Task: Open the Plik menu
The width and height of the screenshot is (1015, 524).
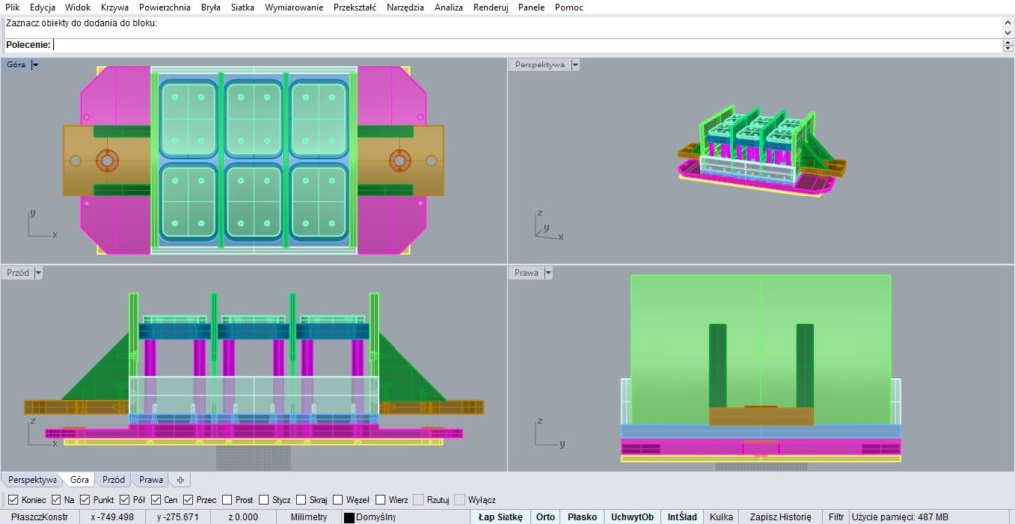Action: (x=12, y=7)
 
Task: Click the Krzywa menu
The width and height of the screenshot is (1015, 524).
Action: (x=115, y=7)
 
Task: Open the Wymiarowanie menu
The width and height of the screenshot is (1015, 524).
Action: (x=293, y=7)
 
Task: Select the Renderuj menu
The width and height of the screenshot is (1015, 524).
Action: (x=491, y=7)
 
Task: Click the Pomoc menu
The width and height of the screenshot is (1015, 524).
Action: (x=569, y=7)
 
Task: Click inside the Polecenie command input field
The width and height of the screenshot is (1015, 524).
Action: (x=525, y=44)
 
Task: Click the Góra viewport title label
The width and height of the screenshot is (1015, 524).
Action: (x=16, y=65)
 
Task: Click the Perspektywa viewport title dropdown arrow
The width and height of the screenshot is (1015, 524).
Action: (x=575, y=65)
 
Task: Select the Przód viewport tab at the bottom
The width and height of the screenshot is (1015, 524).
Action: (x=113, y=479)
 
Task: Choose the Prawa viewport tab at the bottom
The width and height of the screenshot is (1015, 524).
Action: (x=151, y=479)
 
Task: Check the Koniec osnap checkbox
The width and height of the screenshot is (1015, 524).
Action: (x=12, y=500)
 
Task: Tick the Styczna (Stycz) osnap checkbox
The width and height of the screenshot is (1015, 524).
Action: (x=264, y=500)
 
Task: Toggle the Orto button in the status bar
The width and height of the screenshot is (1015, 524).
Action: (x=546, y=517)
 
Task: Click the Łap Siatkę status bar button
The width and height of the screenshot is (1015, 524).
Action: (x=500, y=517)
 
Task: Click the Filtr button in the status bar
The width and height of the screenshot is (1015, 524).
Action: (x=836, y=517)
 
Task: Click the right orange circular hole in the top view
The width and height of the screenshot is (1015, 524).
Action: (x=399, y=159)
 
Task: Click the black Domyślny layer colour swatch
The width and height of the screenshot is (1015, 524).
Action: (x=349, y=517)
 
